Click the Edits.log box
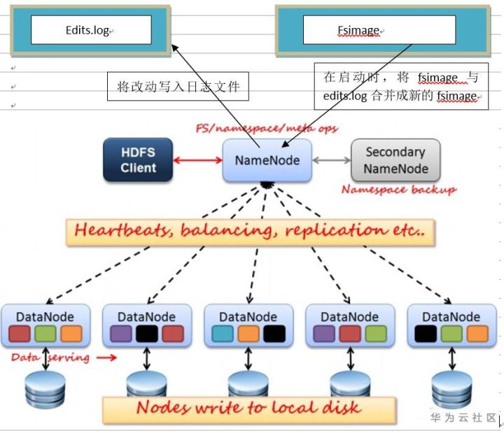[91, 30]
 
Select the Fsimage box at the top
[379, 30]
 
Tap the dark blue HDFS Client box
[138, 160]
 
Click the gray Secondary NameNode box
[395, 160]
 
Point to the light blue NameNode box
[267, 160]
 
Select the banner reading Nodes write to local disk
[249, 408]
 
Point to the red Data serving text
[50, 357]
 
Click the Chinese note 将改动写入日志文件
[178, 87]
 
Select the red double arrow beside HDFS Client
[197, 161]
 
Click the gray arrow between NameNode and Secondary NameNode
[332, 160]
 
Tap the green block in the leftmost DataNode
[45, 334]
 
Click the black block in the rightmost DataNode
[426, 334]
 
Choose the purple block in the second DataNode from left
[120, 334]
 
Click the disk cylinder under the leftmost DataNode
[45, 390]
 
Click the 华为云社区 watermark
[463, 418]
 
